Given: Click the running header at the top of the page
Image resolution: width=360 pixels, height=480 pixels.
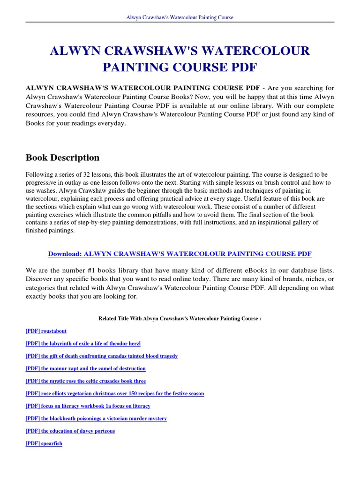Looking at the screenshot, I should pos(180,17).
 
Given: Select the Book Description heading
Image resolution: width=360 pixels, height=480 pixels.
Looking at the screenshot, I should pos(62,157).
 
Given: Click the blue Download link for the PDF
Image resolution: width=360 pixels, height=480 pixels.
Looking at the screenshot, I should pos(180,254).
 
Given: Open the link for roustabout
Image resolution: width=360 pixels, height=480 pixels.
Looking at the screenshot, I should pos(46,331).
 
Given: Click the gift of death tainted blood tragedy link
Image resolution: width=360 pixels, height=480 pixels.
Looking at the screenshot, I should pos(102,356).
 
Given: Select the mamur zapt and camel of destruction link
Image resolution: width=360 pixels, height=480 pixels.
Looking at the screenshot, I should pos(85,368).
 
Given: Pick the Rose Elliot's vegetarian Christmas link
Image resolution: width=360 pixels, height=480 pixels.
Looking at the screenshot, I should pos(115,394).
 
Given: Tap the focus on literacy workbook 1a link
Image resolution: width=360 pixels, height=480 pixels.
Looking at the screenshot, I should pos(88,406).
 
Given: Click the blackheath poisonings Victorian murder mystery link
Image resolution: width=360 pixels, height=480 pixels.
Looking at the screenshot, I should pos(96,419).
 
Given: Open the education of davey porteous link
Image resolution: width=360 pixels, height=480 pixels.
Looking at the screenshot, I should pos(70,431).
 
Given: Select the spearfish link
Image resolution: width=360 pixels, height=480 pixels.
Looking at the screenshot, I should pos(44,443).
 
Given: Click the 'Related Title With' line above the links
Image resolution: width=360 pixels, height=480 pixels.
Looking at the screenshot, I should pos(180,318).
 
